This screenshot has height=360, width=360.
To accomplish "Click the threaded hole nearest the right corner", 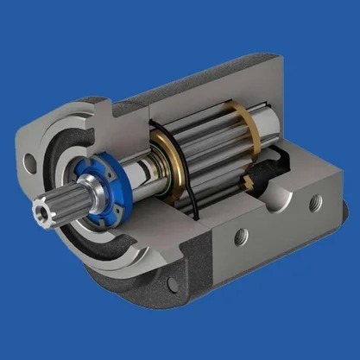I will (x=313, y=201).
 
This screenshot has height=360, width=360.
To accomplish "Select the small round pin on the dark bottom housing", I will (x=174, y=282).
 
